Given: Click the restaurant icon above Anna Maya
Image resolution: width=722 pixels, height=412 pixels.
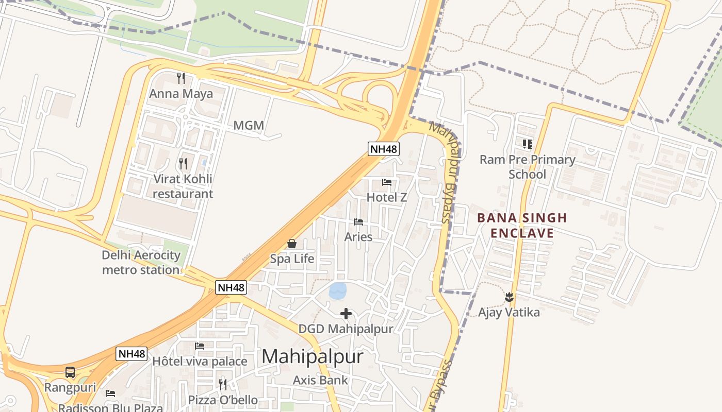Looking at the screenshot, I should (180, 78).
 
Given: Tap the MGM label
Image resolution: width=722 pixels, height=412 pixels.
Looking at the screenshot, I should (249, 125).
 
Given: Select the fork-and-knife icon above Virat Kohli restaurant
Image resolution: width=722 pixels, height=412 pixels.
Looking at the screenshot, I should (183, 164).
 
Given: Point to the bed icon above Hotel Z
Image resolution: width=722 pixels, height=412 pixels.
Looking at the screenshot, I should (387, 182).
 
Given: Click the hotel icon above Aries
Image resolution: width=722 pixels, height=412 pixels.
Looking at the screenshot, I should (358, 222).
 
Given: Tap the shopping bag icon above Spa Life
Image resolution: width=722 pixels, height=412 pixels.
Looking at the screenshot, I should (292, 244).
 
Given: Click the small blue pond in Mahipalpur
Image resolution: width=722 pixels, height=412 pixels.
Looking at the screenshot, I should (338, 291).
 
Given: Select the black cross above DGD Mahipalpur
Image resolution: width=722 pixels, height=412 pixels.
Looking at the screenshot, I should (346, 314).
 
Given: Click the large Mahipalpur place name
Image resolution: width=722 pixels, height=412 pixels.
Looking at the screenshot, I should (312, 356).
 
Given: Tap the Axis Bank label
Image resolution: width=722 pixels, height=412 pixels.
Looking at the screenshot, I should (320, 381).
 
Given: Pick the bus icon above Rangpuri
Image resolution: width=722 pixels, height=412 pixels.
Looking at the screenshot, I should (70, 372).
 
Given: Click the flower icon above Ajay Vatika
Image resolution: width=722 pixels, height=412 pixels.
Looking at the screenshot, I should (509, 297).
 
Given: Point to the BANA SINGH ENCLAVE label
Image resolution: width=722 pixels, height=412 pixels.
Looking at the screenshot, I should (522, 225).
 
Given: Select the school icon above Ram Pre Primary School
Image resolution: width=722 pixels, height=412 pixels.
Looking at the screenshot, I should (527, 144).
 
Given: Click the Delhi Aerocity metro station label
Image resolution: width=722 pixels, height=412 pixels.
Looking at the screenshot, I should (141, 262).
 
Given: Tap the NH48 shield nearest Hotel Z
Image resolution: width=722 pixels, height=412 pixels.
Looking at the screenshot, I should (384, 149).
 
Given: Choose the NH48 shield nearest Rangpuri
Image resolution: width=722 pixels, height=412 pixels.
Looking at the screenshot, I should (132, 354).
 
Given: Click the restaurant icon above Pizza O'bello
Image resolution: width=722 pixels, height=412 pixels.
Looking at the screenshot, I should (223, 384).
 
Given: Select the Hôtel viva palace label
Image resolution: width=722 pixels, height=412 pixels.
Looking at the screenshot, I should (200, 362).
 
